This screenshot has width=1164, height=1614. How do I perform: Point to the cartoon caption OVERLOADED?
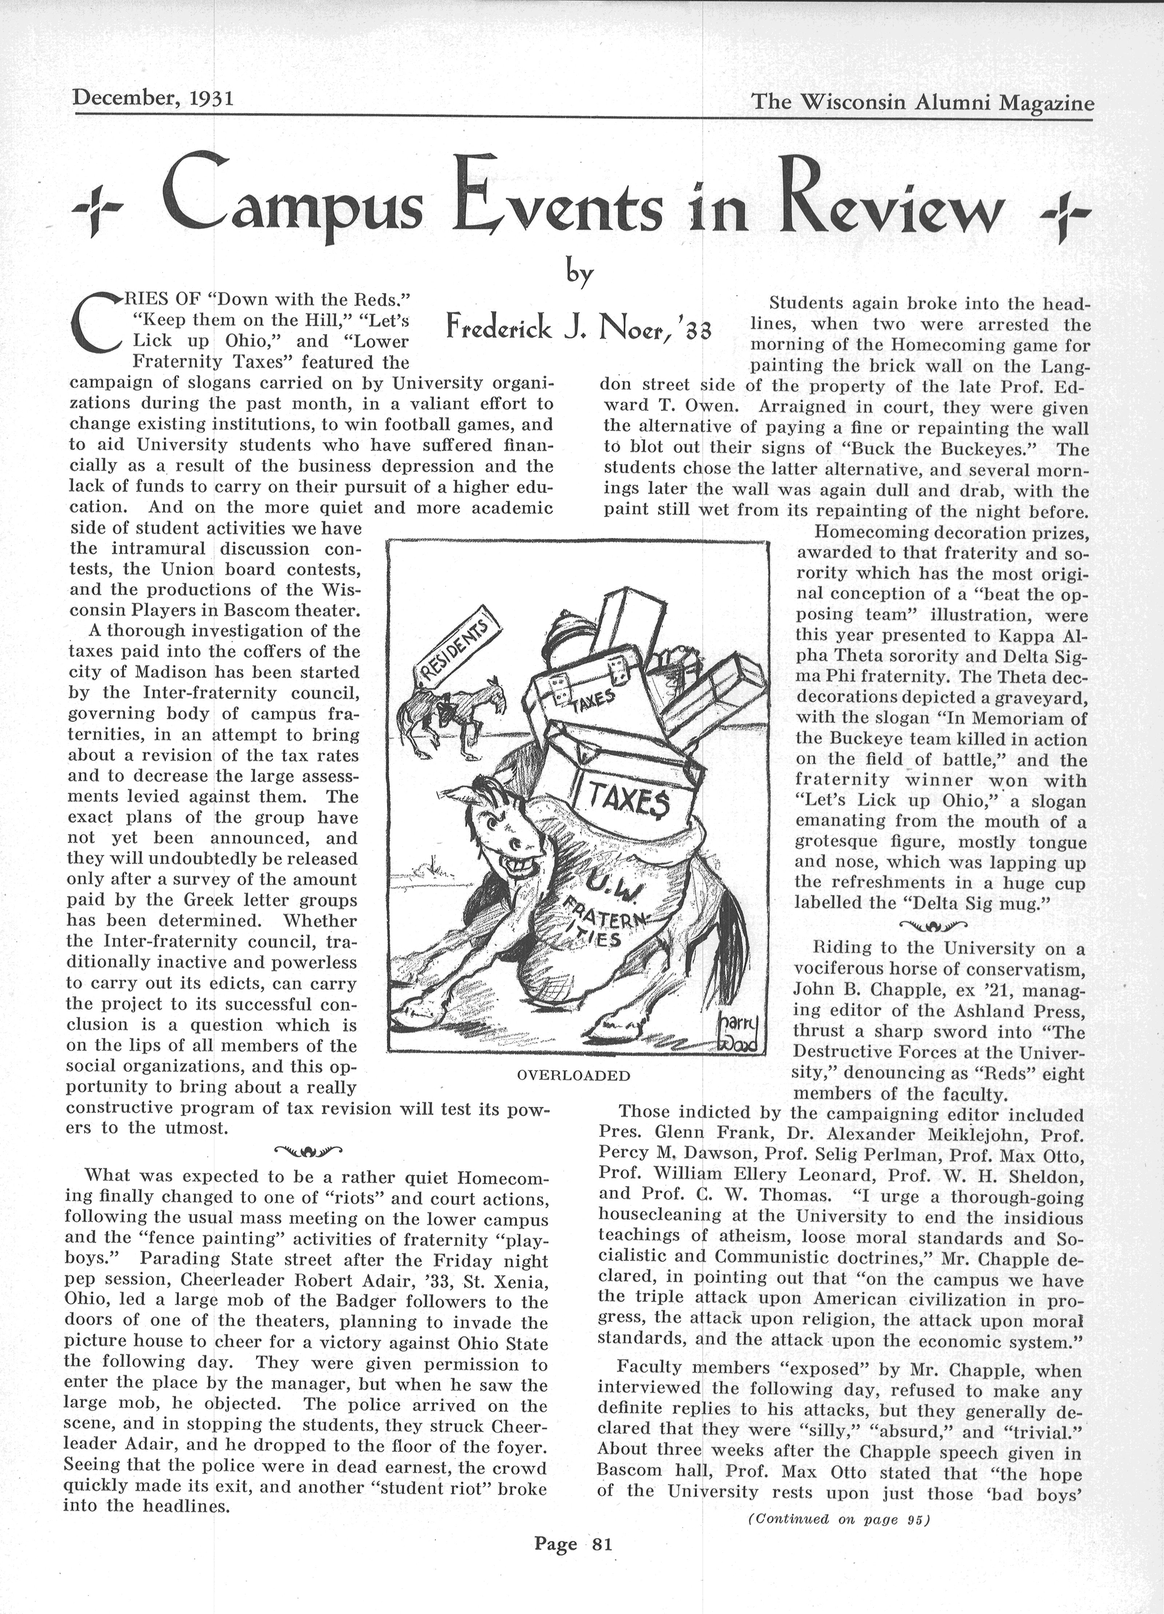(573, 1075)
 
